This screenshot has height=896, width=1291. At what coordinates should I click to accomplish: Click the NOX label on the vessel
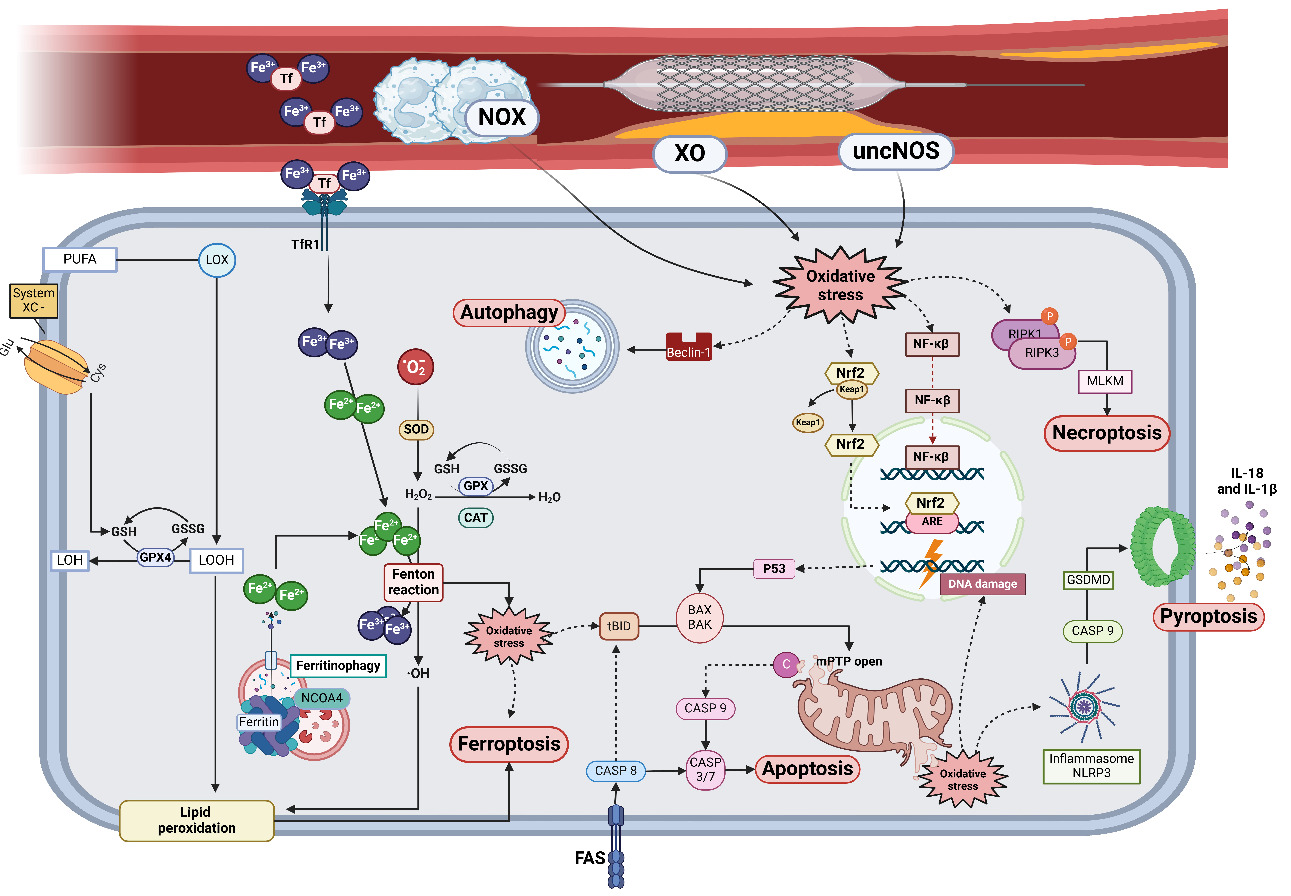(x=501, y=117)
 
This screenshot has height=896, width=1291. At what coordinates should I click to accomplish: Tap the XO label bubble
(x=689, y=153)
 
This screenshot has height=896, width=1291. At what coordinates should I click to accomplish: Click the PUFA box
(x=80, y=259)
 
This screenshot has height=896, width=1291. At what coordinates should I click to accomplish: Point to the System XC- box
(x=34, y=300)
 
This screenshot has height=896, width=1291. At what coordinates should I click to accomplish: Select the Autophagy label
(x=509, y=313)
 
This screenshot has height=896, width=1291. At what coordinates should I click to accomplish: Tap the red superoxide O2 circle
(x=415, y=367)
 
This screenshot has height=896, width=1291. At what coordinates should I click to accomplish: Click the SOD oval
(x=416, y=430)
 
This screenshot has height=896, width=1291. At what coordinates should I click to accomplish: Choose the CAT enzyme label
(x=475, y=518)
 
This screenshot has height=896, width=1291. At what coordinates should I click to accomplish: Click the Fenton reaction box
(x=413, y=582)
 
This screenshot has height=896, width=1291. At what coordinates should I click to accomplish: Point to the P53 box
(x=774, y=569)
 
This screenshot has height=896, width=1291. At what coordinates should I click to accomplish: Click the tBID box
(x=619, y=626)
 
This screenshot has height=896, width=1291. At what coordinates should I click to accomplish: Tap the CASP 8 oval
(x=616, y=771)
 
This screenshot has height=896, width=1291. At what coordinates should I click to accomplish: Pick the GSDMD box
(x=1088, y=580)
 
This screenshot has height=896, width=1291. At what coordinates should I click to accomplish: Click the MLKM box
(x=1105, y=381)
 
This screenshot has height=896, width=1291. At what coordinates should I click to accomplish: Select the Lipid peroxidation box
(x=197, y=820)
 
